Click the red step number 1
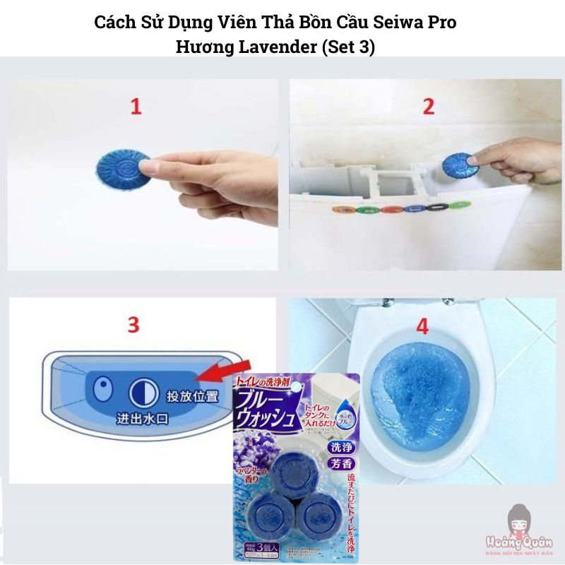[135, 107]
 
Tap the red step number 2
[427, 107]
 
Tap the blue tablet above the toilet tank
[457, 168]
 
